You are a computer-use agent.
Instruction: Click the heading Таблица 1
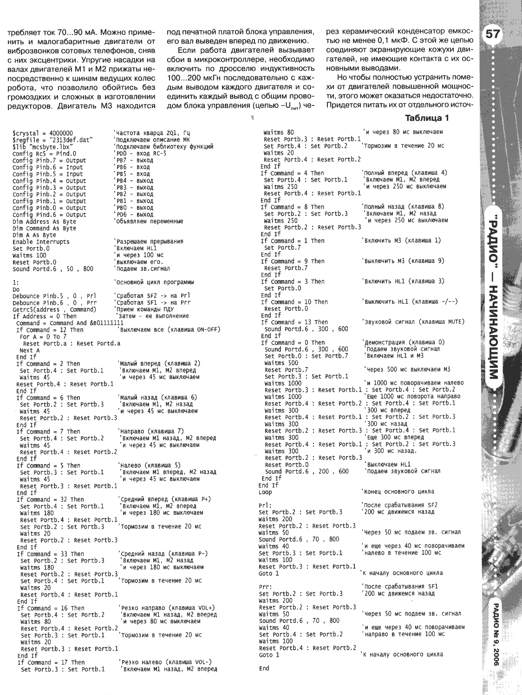click(x=427, y=118)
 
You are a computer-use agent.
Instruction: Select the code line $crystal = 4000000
click(x=43, y=133)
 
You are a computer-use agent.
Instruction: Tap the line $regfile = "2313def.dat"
click(x=53, y=140)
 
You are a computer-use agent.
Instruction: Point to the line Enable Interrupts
click(x=41, y=242)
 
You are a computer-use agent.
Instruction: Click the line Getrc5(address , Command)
click(x=54, y=309)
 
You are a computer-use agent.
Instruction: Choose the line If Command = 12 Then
click(x=50, y=330)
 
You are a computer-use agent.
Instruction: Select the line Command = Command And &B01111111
click(x=70, y=323)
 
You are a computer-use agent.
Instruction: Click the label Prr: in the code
click(x=265, y=586)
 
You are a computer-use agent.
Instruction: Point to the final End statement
click(x=264, y=669)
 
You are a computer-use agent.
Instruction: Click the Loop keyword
click(x=265, y=492)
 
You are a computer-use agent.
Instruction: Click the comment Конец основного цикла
click(x=398, y=492)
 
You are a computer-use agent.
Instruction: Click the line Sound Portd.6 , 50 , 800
click(x=52, y=269)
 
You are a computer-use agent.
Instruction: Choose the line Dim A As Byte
click(x=34, y=235)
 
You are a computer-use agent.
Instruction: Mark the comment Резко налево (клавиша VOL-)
click(x=166, y=662)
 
